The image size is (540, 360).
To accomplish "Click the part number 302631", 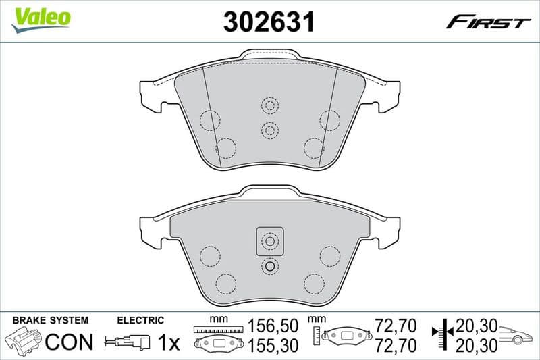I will [x=269, y=22].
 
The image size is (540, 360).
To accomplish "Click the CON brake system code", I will [x=69, y=342].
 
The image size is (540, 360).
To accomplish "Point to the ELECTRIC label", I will [x=140, y=320].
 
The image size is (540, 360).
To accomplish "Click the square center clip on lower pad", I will [x=269, y=241].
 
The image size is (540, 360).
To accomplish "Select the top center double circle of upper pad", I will [x=269, y=105].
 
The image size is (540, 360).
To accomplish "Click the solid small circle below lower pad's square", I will [x=269, y=267].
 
